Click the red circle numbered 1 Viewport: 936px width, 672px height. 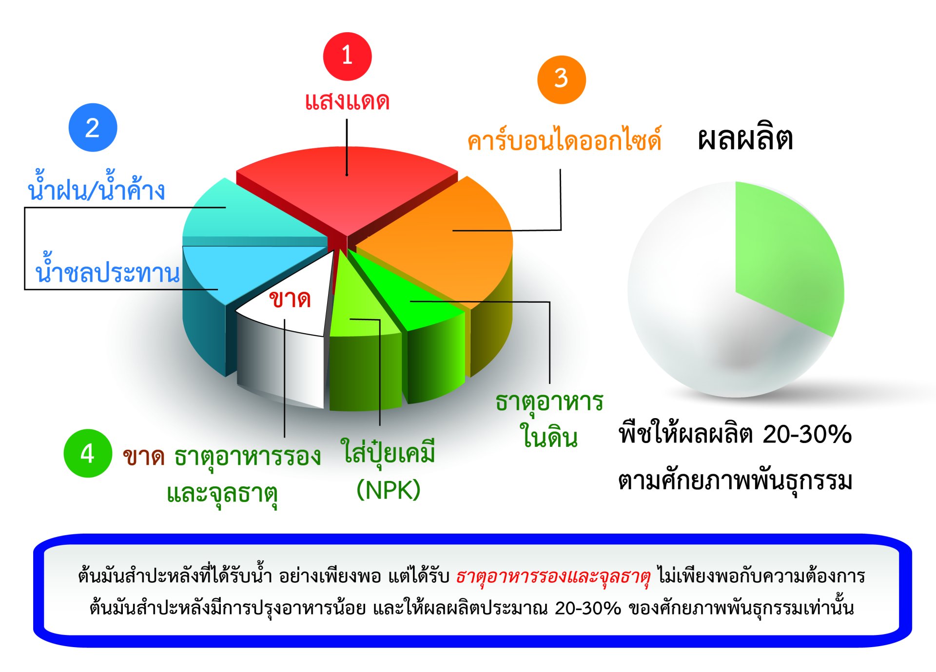tap(347, 56)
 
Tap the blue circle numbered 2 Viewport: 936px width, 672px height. tap(93, 127)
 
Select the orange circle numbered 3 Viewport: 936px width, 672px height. tap(561, 79)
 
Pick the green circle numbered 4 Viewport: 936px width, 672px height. tap(88, 453)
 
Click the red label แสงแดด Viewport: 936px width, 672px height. tap(347, 101)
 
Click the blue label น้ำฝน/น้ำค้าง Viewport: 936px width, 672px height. tap(96, 186)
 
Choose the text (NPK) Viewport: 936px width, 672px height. tap(389, 490)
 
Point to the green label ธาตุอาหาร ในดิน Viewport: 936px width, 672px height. tap(549, 419)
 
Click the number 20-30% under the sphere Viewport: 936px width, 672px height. tap(807, 434)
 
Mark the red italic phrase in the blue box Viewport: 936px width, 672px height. tap(553, 576)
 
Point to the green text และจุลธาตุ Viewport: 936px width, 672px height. tap(222, 494)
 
